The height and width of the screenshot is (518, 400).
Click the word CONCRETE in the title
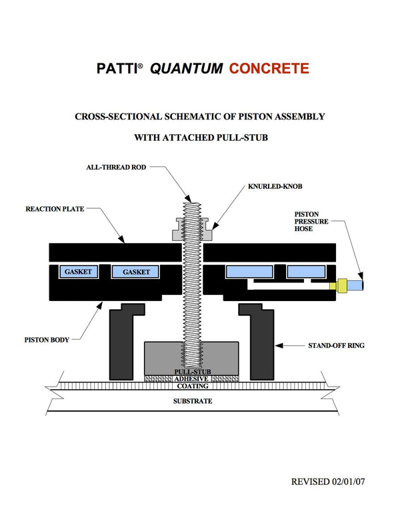269,68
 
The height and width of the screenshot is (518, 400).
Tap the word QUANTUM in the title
187,68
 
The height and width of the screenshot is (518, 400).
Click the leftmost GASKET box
78,272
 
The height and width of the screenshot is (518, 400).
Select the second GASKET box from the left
136,272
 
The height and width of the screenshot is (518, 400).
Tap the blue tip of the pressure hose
361,284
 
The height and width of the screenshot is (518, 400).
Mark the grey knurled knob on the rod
193,230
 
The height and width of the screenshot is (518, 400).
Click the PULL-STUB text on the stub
192,371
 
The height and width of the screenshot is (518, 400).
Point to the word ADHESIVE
192,378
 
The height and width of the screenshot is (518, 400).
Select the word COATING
192,386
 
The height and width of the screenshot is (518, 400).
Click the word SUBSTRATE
192,401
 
